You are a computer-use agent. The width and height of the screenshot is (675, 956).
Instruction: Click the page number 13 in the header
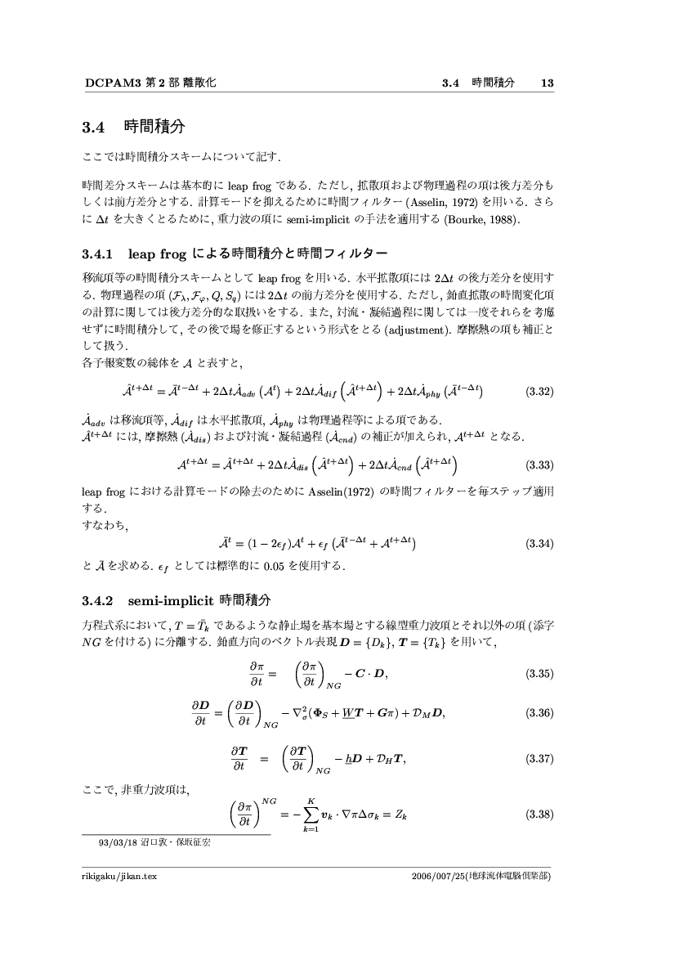pos(548,83)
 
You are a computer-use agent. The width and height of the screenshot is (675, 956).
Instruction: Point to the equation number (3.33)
pos(539,466)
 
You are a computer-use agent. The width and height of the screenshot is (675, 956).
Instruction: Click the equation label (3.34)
pos(539,543)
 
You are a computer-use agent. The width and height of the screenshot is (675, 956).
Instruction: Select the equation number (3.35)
pos(539,674)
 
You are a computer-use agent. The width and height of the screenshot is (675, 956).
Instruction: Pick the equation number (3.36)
pos(539,712)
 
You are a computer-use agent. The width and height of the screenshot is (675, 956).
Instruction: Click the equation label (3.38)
pos(539,815)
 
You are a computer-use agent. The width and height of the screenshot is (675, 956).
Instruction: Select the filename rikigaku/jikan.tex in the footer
pos(114,877)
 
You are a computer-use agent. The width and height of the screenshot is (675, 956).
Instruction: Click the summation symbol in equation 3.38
pos(310,815)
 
